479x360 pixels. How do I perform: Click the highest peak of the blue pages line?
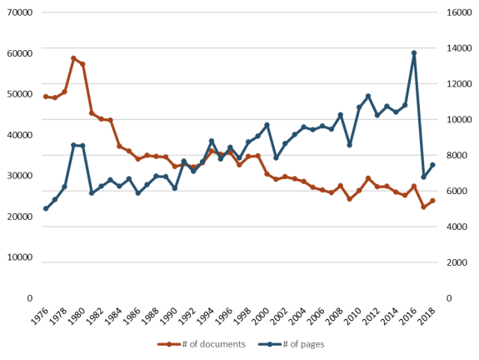(x=414, y=53)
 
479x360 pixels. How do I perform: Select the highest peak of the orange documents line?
(x=73, y=58)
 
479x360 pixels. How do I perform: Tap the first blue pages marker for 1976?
(x=46, y=208)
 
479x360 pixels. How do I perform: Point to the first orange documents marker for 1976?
(x=46, y=97)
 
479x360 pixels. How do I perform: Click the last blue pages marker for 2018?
(x=432, y=165)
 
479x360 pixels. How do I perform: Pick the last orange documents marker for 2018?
(x=432, y=201)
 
